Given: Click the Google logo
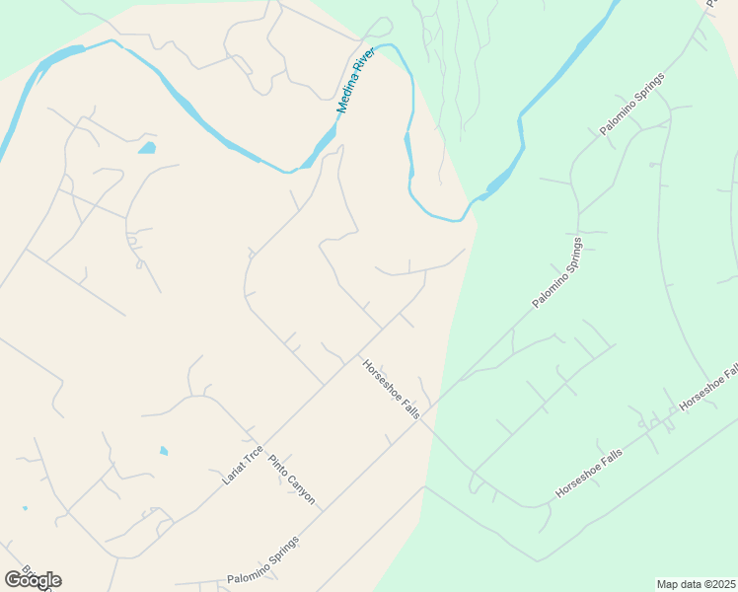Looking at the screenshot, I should (x=33, y=579).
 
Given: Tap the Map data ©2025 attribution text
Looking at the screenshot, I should (x=696, y=584).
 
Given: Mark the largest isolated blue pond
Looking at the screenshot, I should (x=147, y=149).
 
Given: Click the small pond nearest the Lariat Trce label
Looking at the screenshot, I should (x=164, y=451).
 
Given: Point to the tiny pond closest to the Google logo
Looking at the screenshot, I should (x=24, y=509).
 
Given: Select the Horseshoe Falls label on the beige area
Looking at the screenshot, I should (x=392, y=389).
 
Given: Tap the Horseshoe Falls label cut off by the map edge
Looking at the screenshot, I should (x=709, y=388).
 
